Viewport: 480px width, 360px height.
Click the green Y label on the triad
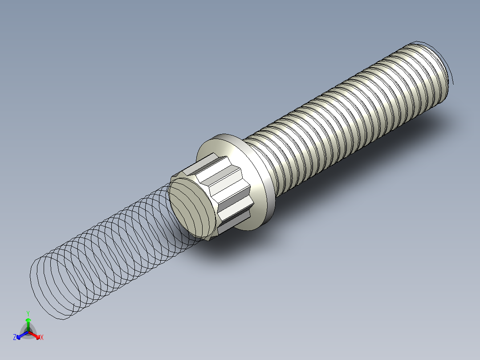tap(28, 313)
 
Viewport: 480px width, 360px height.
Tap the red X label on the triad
tap(42, 338)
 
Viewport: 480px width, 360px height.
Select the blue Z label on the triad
tap(15, 337)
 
